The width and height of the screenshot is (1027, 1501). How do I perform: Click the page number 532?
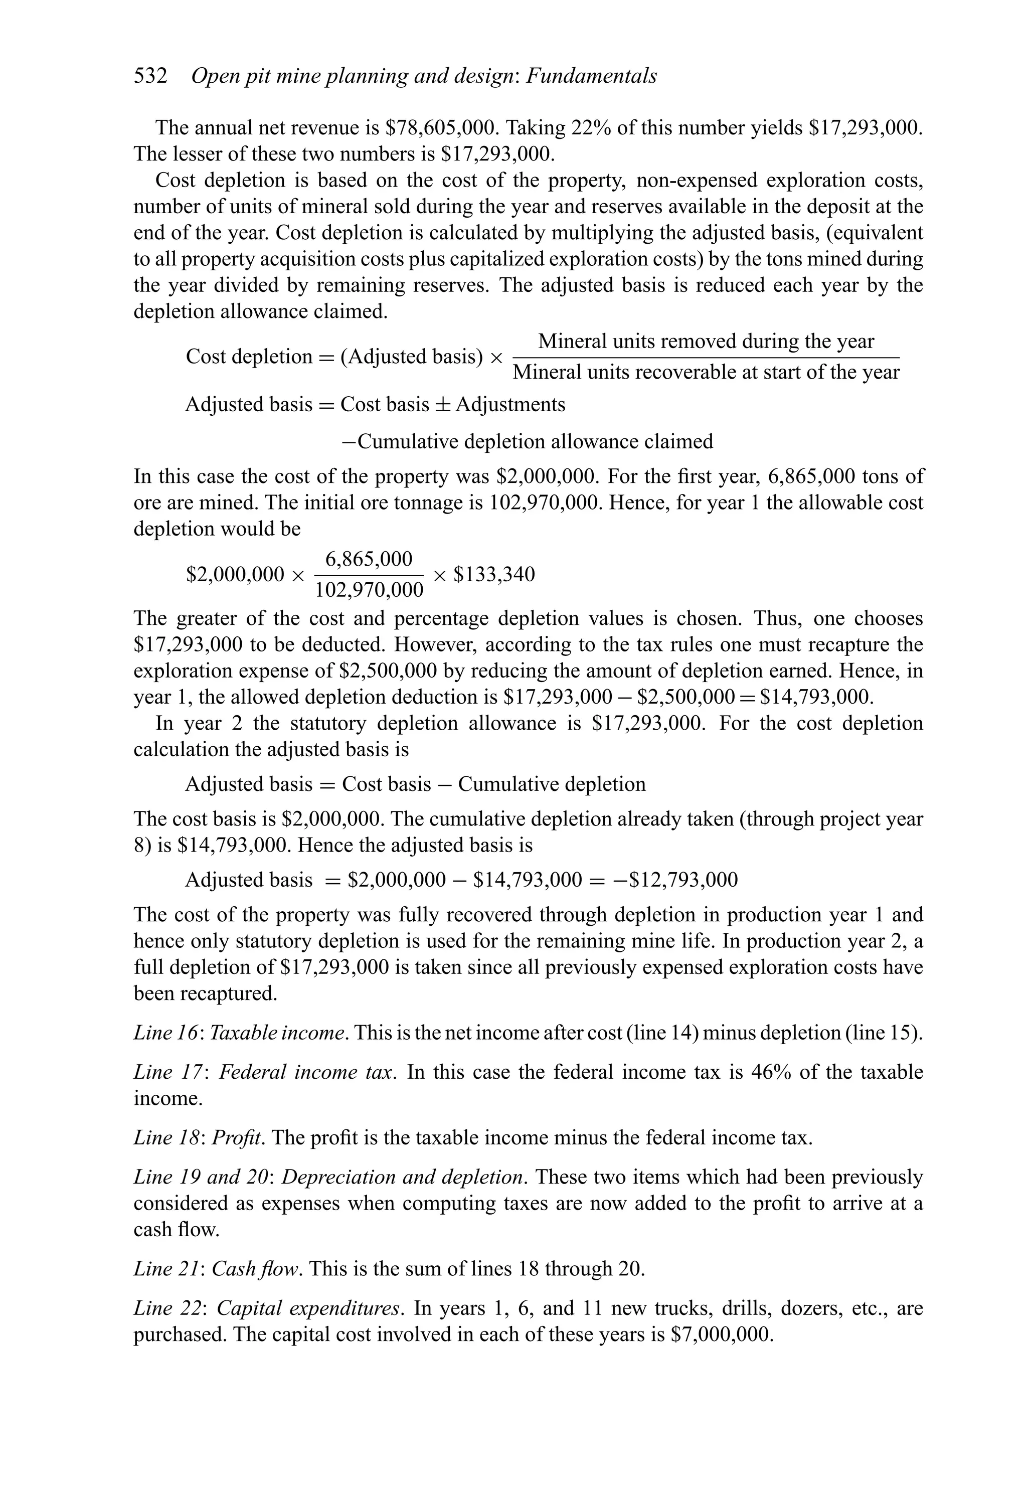[150, 76]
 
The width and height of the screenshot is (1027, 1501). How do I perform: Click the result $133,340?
[494, 574]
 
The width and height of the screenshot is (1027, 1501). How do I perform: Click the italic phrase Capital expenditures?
[309, 1308]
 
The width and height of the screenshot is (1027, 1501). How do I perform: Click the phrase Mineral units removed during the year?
[706, 341]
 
